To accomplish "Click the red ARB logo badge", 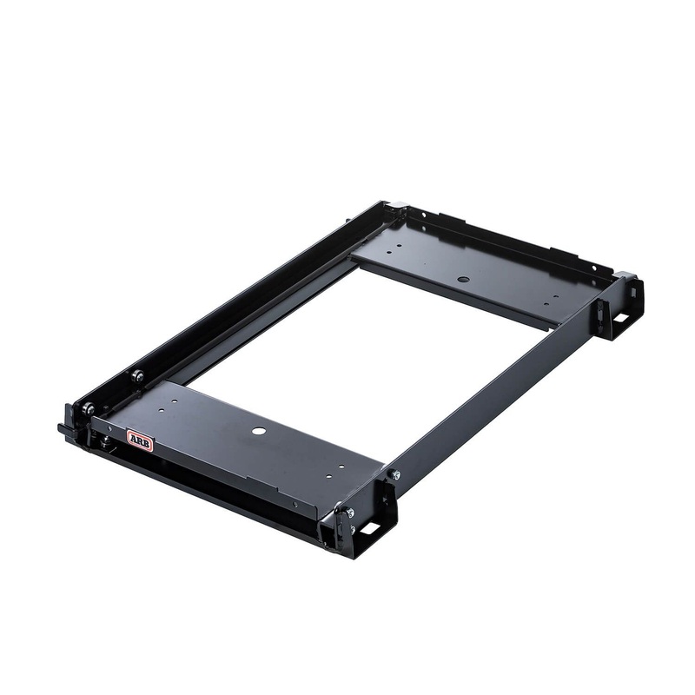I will (140, 440).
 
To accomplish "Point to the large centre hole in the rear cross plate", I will (463, 280).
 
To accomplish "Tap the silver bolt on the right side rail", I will (394, 474).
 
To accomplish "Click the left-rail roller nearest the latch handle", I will (88, 407).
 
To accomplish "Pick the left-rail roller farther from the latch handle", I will (136, 375).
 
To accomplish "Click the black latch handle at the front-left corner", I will (67, 429).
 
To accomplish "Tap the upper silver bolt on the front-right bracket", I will (349, 513).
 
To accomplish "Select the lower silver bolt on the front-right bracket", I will (352, 529).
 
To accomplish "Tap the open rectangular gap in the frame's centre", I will (365, 347).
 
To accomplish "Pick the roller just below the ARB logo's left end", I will (105, 442).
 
